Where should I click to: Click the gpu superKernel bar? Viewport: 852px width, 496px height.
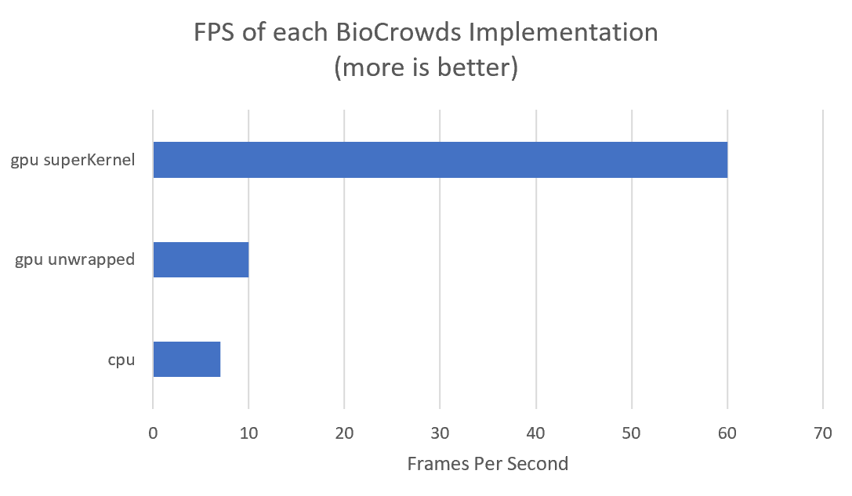440,160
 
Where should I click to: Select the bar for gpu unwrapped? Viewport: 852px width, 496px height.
201,259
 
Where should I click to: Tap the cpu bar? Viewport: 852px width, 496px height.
187,359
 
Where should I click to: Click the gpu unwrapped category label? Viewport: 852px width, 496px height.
75,260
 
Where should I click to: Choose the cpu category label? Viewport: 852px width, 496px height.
121,360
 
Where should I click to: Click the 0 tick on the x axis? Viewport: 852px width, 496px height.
153,432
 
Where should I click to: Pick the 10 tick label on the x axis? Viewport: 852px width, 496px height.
248,432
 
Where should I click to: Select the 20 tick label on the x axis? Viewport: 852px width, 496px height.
344,432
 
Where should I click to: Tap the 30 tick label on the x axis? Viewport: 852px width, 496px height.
440,432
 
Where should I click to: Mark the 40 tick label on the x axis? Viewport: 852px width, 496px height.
535,432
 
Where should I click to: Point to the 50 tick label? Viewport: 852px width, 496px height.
632,432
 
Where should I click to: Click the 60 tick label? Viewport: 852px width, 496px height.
727,432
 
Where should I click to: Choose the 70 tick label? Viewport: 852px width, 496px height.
823,432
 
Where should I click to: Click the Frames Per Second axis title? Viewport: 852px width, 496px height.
488,464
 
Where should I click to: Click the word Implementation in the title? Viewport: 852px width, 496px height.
580,33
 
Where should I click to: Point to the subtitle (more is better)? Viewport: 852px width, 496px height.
426,67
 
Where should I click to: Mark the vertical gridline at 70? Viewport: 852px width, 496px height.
823,235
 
